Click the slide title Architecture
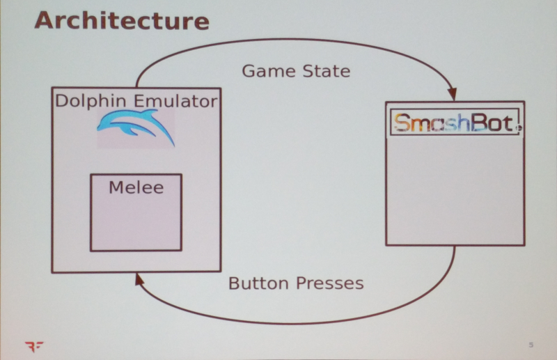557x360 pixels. [x=121, y=20]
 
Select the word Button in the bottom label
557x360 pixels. [x=258, y=283]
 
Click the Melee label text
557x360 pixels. [x=136, y=187]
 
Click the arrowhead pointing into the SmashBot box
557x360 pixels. [x=453, y=95]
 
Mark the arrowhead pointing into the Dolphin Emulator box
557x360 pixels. [x=139, y=279]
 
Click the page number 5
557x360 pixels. [x=531, y=345]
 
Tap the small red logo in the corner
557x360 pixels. [x=33, y=345]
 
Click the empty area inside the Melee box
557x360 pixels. [x=136, y=223]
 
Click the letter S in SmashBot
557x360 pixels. [x=401, y=123]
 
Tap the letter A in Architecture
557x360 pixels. [x=45, y=20]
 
